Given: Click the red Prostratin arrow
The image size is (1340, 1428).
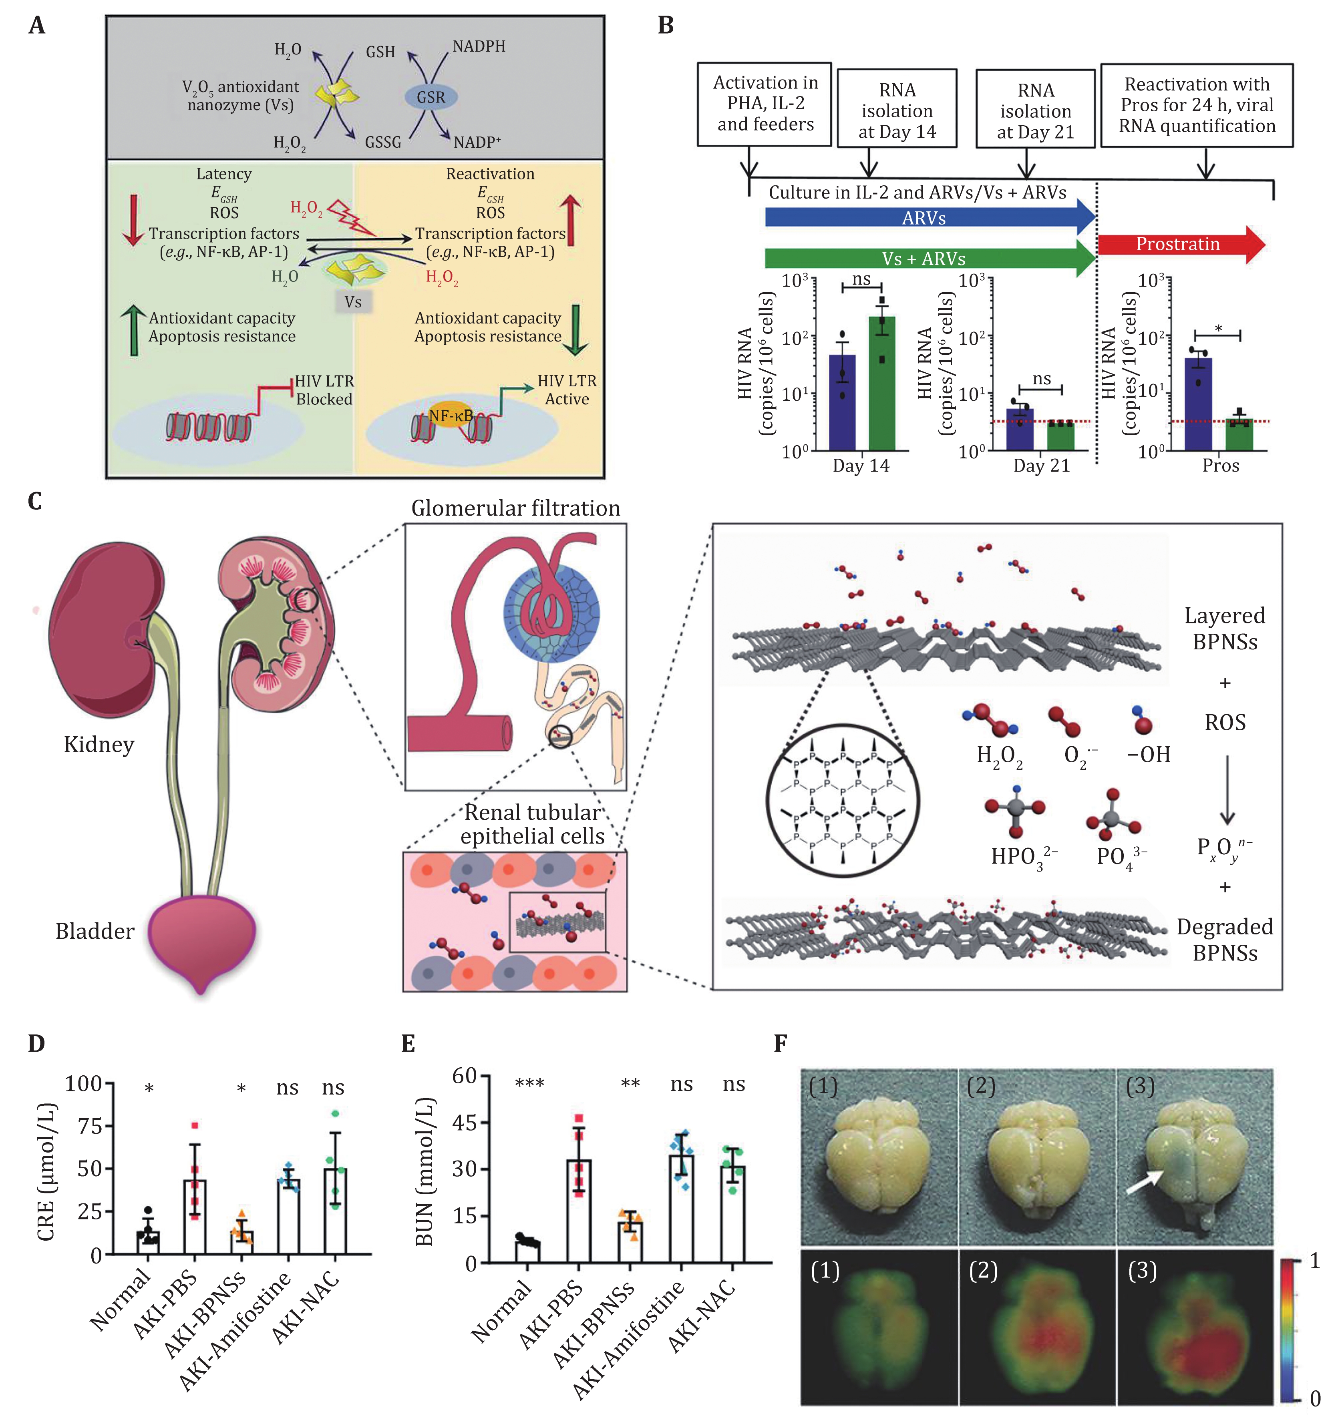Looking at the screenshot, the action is pos(1181,244).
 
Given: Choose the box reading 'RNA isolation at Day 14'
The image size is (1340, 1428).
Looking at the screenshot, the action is pos(897,108).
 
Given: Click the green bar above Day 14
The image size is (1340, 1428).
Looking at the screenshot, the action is pos(881,382).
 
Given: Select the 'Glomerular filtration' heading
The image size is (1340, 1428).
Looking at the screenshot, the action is pos(515,508).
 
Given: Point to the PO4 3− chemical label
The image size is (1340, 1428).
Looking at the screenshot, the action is pos(1121,857).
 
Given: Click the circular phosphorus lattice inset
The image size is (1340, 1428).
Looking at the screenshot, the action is pos(843,799).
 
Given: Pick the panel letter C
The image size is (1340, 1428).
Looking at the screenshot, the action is pos(34,501).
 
